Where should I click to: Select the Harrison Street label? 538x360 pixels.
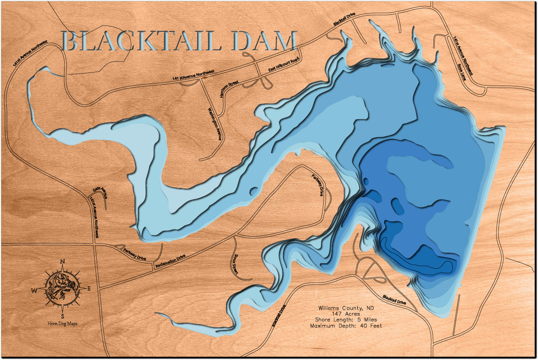pos(229,89)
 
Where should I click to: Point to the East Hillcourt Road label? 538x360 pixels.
pos(284,65)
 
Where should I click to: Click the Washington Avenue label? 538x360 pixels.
pos(215,124)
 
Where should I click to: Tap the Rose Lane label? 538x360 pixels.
pos(461,72)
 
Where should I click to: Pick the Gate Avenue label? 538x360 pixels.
pos(100,192)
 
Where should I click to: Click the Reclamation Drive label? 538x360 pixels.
pos(170,262)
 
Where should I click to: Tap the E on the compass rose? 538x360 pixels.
pos(89,289)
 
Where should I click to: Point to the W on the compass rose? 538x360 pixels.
pos(35,290)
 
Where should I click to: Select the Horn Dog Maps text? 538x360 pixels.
pos(62,324)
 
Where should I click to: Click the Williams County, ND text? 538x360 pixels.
pos(345,308)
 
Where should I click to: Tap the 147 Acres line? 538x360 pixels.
pos(345,314)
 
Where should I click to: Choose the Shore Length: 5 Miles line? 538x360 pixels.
pos(345,320)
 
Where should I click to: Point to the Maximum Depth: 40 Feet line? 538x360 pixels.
pos(346,326)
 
